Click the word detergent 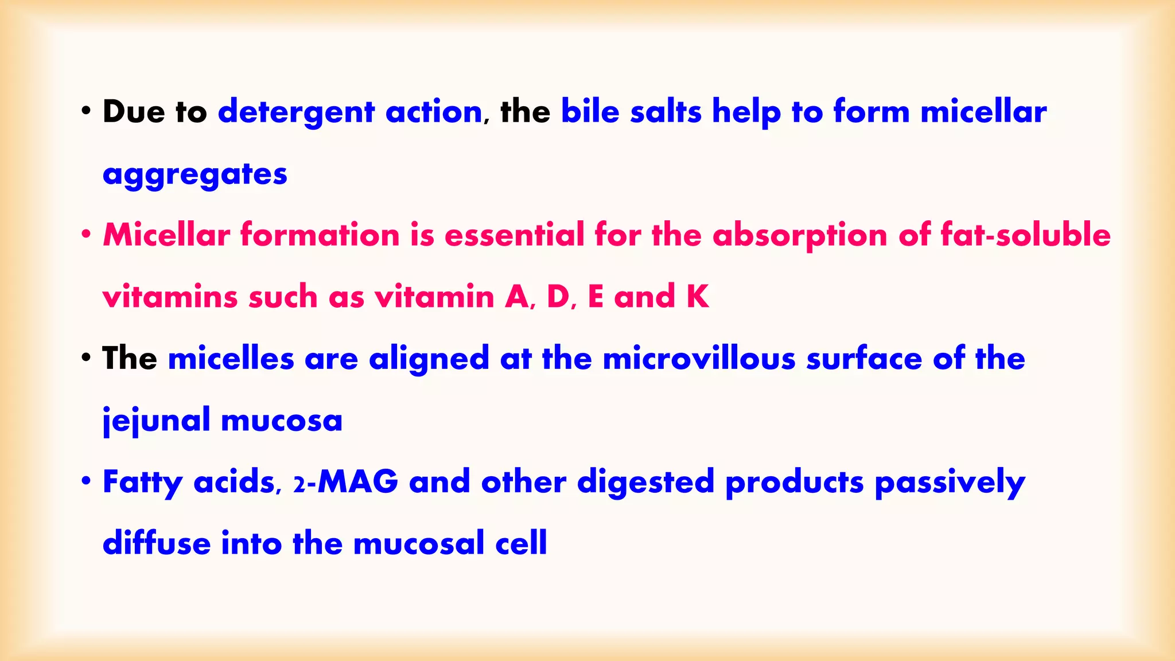[295, 112]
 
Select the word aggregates [194, 174]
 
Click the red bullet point [86, 235]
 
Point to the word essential [514, 235]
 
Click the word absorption [800, 236]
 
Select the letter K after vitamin [698, 297]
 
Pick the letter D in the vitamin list [558, 297]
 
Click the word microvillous [699, 359]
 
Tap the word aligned [429, 360]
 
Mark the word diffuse [157, 543]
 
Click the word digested [645, 482]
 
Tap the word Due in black [134, 111]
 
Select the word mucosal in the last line [419, 543]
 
